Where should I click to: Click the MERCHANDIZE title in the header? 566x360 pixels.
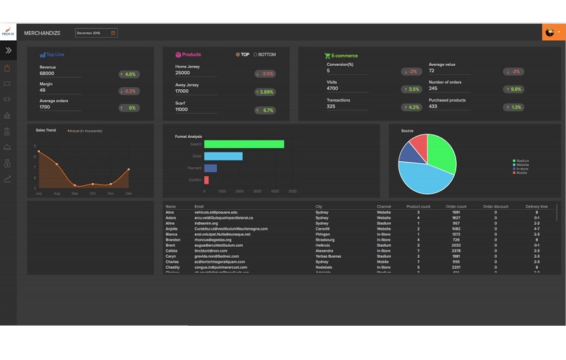coord(42,33)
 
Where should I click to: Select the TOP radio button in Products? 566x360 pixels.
coord(238,55)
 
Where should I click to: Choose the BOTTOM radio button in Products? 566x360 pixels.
coord(256,55)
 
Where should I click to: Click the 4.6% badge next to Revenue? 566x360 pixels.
coord(128,74)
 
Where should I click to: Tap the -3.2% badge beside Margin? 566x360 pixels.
coord(128,91)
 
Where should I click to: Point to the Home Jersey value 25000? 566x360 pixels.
coord(183,73)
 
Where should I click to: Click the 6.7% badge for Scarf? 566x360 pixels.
coord(265,110)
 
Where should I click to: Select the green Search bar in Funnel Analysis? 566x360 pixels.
coord(244,144)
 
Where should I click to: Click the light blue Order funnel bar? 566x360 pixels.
coord(223,156)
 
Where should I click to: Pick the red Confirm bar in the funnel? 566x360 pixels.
coord(207,180)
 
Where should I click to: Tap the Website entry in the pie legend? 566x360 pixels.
coord(523,165)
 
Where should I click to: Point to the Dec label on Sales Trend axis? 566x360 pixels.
coord(128,194)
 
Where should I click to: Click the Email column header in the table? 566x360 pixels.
coord(199,206)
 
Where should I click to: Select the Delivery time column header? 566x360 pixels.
coord(536,206)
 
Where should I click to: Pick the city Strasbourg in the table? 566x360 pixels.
coord(325,239)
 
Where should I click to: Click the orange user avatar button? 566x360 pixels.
coord(552,32)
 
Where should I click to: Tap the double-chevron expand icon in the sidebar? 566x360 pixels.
coord(8,51)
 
